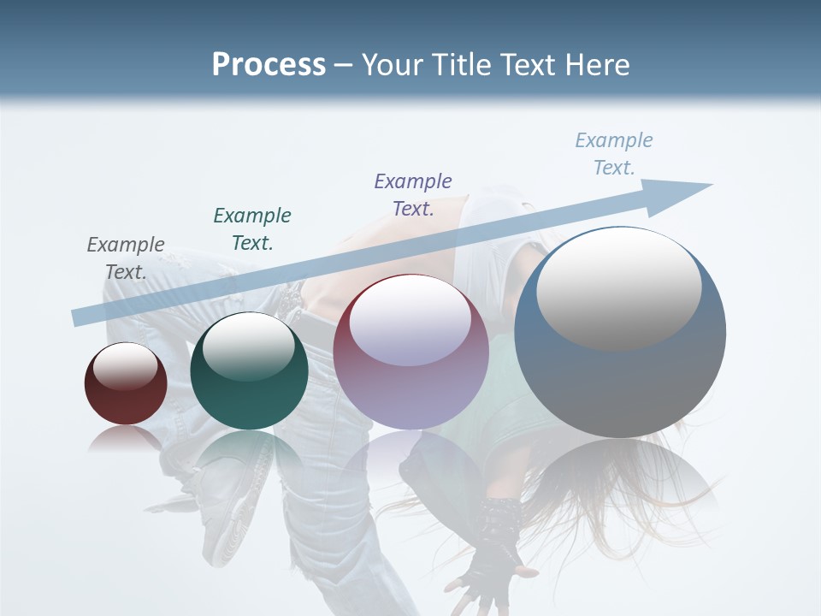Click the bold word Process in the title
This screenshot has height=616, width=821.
tap(269, 65)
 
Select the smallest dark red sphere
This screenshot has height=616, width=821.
tap(126, 384)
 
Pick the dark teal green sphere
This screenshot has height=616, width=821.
tap(249, 371)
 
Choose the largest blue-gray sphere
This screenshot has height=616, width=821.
tap(620, 332)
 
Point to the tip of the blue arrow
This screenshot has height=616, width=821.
tap(710, 185)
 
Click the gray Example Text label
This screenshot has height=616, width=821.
tap(126, 258)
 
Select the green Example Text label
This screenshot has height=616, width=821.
tap(252, 229)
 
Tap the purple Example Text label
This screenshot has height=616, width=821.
tap(413, 195)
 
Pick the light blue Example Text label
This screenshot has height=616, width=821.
tap(614, 154)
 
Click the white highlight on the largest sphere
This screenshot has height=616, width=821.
tap(618, 287)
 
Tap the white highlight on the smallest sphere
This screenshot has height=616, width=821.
tap(125, 366)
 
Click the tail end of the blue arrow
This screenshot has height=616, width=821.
tap(77, 317)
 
